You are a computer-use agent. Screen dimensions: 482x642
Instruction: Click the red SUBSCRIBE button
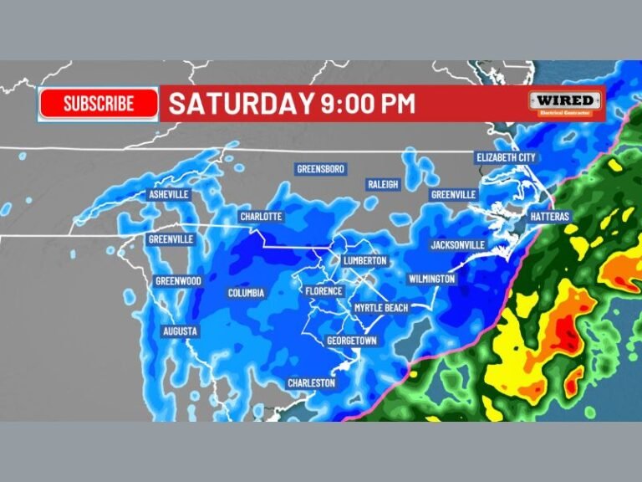click(99, 104)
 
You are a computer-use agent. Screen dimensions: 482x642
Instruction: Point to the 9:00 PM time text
click(368, 104)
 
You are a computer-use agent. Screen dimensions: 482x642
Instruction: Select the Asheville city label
click(169, 194)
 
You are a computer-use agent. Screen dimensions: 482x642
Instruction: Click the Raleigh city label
click(383, 184)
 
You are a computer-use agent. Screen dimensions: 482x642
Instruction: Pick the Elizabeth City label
click(506, 157)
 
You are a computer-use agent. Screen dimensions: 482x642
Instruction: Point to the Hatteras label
click(549, 217)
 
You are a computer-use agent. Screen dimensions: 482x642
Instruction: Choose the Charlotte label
click(261, 217)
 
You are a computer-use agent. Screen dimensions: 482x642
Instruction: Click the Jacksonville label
click(457, 245)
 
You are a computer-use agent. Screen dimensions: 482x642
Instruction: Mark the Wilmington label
click(431, 279)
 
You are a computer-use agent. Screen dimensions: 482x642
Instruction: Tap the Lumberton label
click(365, 261)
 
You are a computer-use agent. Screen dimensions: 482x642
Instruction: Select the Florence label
click(324, 291)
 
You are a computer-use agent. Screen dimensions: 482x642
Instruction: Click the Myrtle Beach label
click(380, 308)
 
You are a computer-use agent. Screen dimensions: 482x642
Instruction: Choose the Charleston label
click(312, 382)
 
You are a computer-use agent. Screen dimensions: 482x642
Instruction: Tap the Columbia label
click(246, 293)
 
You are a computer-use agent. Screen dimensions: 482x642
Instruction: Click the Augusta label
click(180, 331)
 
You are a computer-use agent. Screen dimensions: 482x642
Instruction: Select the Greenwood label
click(178, 281)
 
